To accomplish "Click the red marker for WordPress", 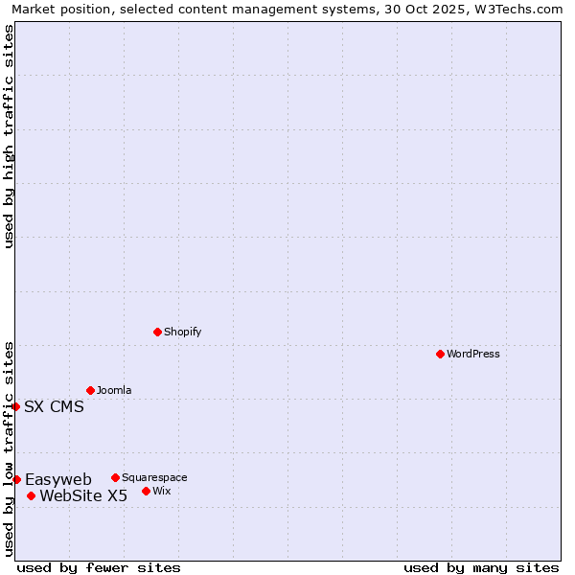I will (440, 354).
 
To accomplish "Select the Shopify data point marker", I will (157, 332).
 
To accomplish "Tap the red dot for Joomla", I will (90, 390).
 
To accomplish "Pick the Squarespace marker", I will (115, 477).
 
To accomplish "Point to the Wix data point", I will (146, 491).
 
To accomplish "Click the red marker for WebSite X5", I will (31, 495).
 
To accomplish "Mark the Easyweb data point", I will (16, 479).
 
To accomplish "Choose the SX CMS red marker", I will (15, 406).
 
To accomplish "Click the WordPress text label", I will (473, 354).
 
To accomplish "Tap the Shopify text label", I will (182, 332).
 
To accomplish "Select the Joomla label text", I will (114, 390).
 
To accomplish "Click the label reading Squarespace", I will (154, 477).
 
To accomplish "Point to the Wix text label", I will (162, 491).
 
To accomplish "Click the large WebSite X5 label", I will (83, 495).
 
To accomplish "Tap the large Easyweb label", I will (58, 479).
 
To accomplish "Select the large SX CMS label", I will (54, 406).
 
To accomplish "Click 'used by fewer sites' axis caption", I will (99, 567).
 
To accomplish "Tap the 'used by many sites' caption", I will (481, 567).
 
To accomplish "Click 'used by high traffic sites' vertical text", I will (9, 136).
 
